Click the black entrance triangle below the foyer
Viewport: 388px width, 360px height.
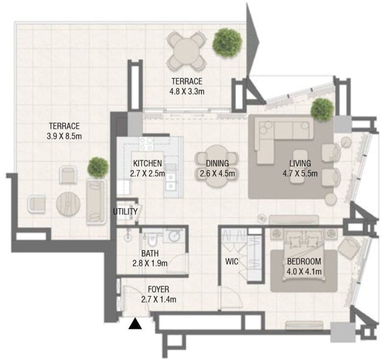134,324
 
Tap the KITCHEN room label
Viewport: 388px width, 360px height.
148,163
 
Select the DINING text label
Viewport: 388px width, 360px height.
217,163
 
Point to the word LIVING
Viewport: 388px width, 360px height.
300,163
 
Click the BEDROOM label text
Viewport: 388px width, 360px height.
304,262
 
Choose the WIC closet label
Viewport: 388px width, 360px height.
232,262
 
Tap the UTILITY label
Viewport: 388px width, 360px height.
125,211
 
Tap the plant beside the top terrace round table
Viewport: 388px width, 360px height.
227,42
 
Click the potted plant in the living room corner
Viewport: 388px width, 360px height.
322,109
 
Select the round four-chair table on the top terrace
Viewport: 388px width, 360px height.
186,51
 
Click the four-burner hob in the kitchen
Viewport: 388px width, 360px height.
146,145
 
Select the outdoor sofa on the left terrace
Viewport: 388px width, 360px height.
96,201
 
